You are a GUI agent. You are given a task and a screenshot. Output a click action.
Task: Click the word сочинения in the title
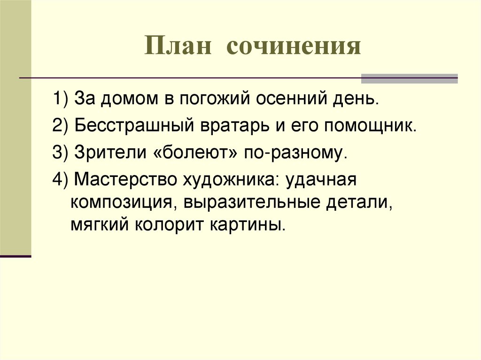point(294,46)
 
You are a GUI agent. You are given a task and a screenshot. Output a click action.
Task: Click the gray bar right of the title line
point(409,78)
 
